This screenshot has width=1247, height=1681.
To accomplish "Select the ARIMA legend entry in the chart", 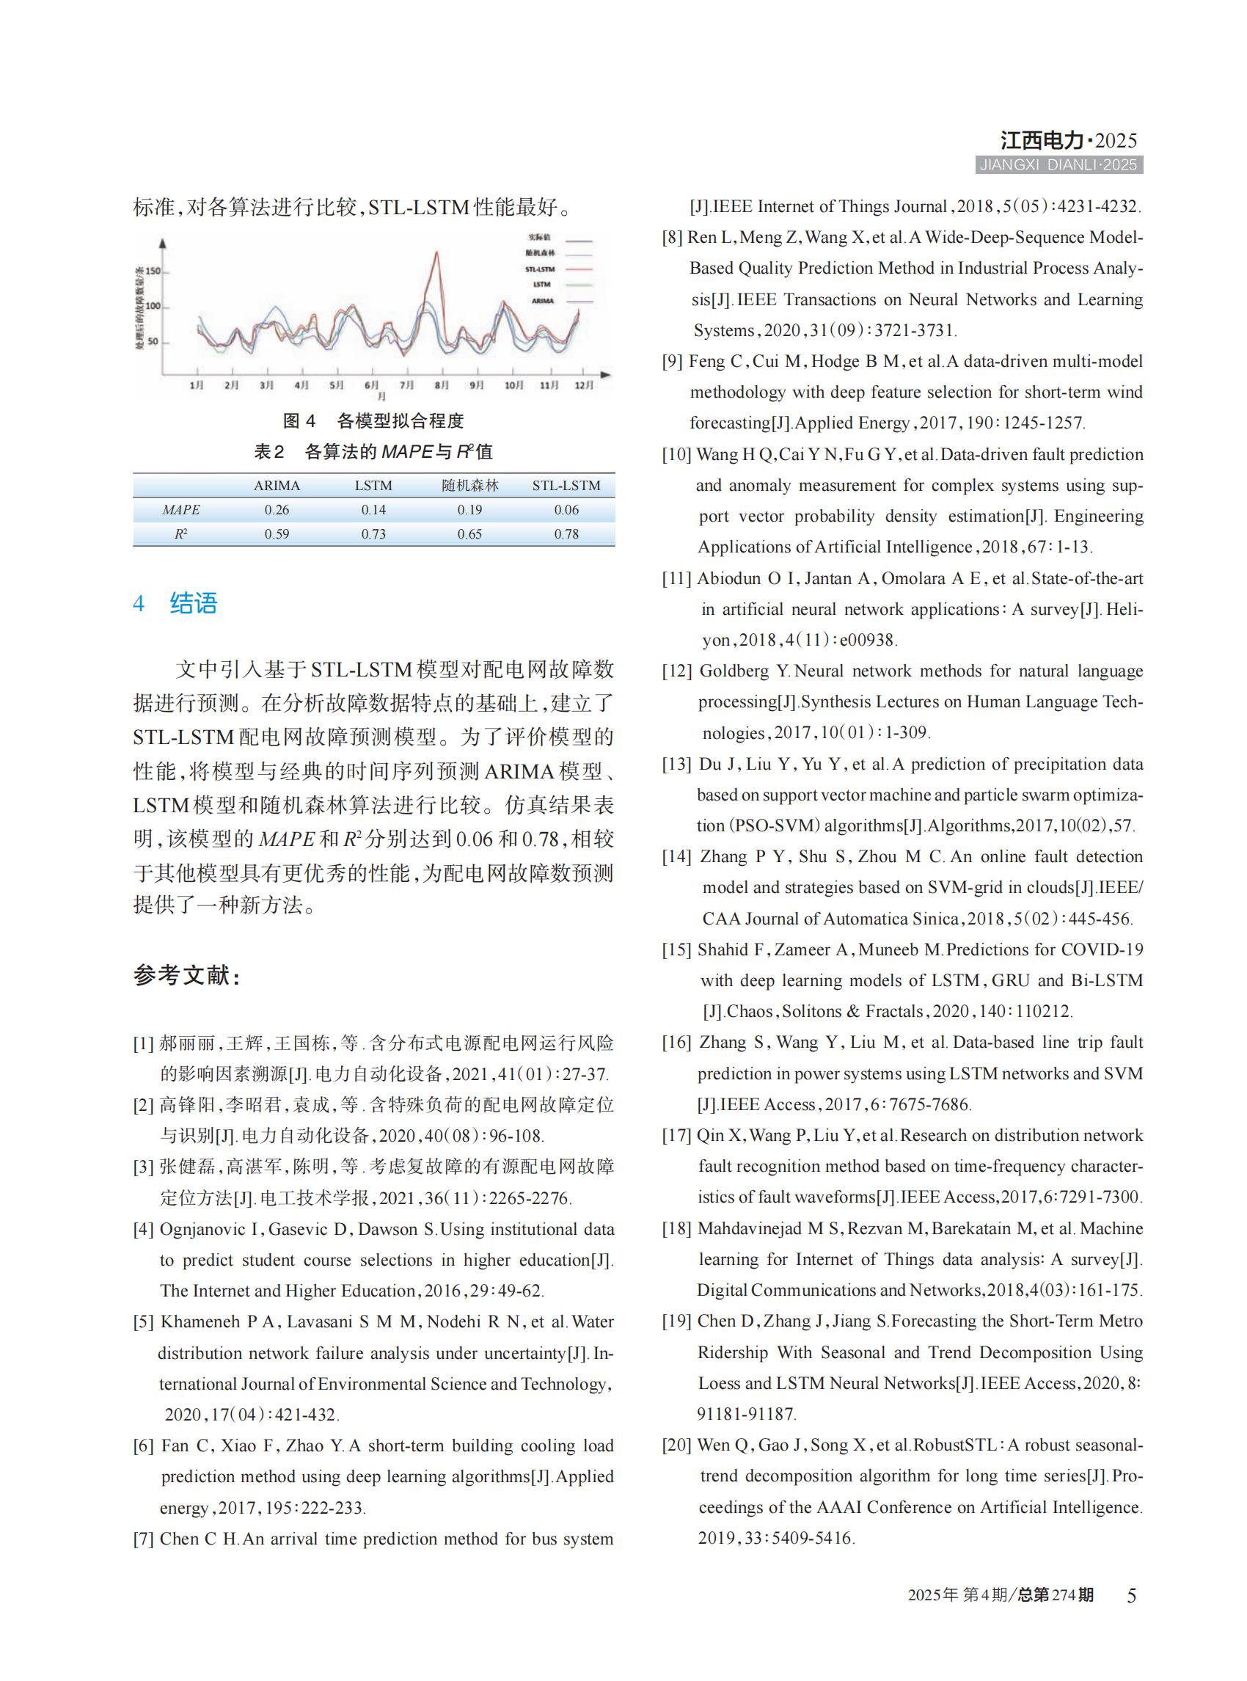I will point(543,301).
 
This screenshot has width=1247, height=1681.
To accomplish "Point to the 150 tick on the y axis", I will point(153,271).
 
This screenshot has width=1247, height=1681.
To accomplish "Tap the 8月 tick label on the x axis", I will point(442,385).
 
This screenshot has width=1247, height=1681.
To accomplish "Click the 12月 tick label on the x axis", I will point(583,385).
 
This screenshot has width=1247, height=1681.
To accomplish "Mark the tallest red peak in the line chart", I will point(437,253).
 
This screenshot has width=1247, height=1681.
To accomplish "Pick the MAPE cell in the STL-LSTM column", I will point(566,510).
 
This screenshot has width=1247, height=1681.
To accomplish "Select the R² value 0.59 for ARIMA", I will point(277,534).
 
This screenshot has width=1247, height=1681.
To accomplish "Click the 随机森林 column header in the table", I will point(469,486).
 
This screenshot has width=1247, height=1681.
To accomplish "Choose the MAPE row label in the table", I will point(181,510).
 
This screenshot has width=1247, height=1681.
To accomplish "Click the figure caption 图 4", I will point(299,420).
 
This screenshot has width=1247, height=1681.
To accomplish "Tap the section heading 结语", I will point(193,603).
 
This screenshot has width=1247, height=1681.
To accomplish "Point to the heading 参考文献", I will point(186,976).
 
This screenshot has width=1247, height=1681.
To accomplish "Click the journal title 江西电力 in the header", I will point(1042,140).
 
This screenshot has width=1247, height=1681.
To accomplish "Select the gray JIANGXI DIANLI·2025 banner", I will point(1058,165).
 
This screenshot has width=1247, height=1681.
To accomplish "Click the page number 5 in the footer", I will point(1131,1596).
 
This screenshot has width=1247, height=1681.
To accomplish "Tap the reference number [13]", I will point(676,765).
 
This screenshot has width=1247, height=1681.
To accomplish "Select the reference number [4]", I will point(144,1229).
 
